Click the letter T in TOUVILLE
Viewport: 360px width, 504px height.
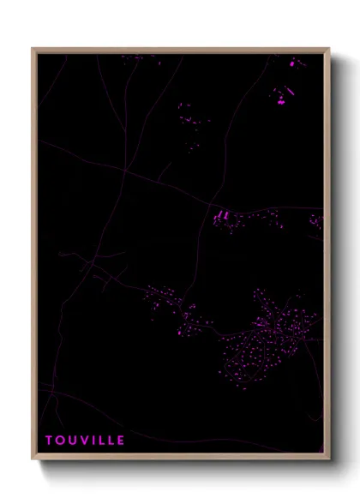tap(49, 441)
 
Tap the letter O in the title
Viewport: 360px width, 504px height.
tap(60, 441)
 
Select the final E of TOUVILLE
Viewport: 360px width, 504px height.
tap(121, 441)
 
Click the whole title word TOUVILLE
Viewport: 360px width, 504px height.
tap(85, 441)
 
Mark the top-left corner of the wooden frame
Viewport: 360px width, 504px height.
tap(33, 49)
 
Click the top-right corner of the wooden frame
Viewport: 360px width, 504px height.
tap(328, 49)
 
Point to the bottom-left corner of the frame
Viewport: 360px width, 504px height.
tap(33, 459)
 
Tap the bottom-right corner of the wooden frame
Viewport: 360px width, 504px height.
tap(328, 459)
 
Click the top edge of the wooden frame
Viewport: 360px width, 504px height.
tap(180, 50)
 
